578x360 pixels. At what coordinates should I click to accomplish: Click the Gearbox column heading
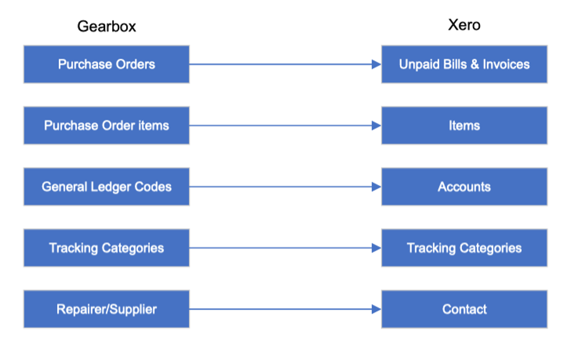(106, 26)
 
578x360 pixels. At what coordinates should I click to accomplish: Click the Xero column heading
(464, 25)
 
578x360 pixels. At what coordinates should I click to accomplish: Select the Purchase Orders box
(106, 64)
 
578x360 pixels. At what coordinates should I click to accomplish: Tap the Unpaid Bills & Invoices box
(464, 64)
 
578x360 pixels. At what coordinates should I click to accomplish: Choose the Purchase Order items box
(106, 126)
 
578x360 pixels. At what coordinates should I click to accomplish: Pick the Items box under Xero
(464, 126)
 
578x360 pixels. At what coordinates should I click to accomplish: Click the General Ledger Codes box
(106, 187)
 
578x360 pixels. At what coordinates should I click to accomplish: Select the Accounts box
(464, 187)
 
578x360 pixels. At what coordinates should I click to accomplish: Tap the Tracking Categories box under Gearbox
(106, 248)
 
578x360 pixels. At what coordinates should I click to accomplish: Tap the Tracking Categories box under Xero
(464, 248)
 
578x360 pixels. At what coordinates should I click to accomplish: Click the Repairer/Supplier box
(106, 309)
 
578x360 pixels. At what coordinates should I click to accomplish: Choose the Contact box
(464, 309)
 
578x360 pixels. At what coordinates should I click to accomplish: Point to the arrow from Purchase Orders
(282, 64)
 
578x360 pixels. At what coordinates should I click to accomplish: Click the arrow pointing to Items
(282, 126)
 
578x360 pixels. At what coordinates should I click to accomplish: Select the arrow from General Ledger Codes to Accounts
(282, 187)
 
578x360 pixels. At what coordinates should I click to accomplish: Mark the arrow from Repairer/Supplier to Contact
(282, 309)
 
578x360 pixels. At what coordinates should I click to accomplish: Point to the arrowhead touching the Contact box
(377, 309)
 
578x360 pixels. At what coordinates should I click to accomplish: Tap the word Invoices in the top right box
(506, 64)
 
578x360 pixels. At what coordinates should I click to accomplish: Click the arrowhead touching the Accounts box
(377, 187)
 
